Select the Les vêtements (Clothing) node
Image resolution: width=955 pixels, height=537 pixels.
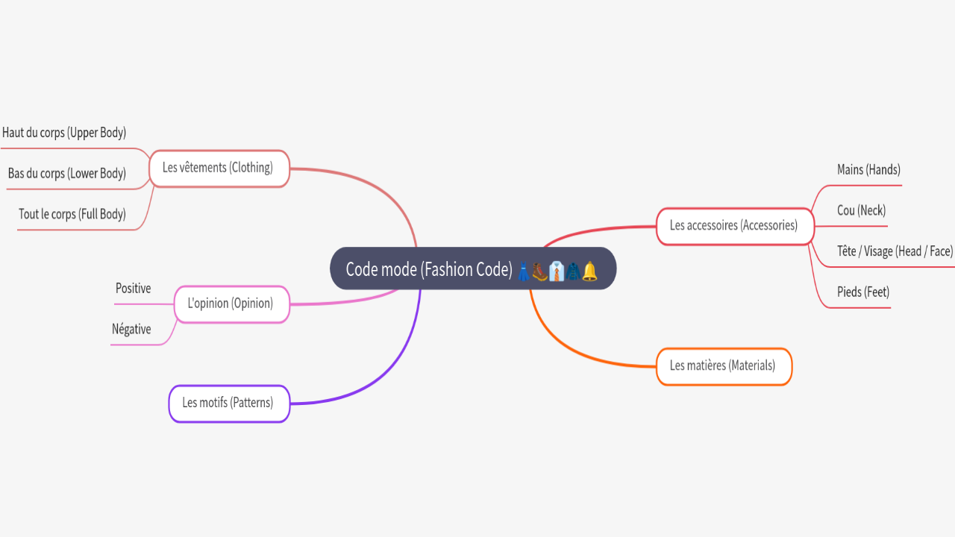click(x=218, y=168)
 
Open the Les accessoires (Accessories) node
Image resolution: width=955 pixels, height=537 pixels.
click(x=733, y=225)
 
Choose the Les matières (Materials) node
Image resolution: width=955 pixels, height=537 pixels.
click(x=722, y=365)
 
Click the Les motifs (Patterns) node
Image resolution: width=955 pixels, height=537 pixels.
click(x=228, y=403)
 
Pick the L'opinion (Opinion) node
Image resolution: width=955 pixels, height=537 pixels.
click(x=230, y=304)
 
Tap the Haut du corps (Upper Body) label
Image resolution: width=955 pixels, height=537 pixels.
click(x=64, y=133)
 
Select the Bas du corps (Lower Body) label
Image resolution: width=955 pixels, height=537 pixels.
click(x=67, y=174)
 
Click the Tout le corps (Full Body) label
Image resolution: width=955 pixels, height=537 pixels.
click(x=72, y=214)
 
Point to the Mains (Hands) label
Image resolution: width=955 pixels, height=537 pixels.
click(x=868, y=170)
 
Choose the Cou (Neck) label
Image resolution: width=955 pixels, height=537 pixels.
click(x=861, y=210)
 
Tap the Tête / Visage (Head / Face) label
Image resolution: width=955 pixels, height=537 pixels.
click(x=895, y=251)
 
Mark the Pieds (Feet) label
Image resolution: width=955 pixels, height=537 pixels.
click(x=863, y=292)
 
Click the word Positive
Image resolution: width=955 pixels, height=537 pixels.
click(x=133, y=289)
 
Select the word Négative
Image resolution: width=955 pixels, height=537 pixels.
click(x=131, y=329)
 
